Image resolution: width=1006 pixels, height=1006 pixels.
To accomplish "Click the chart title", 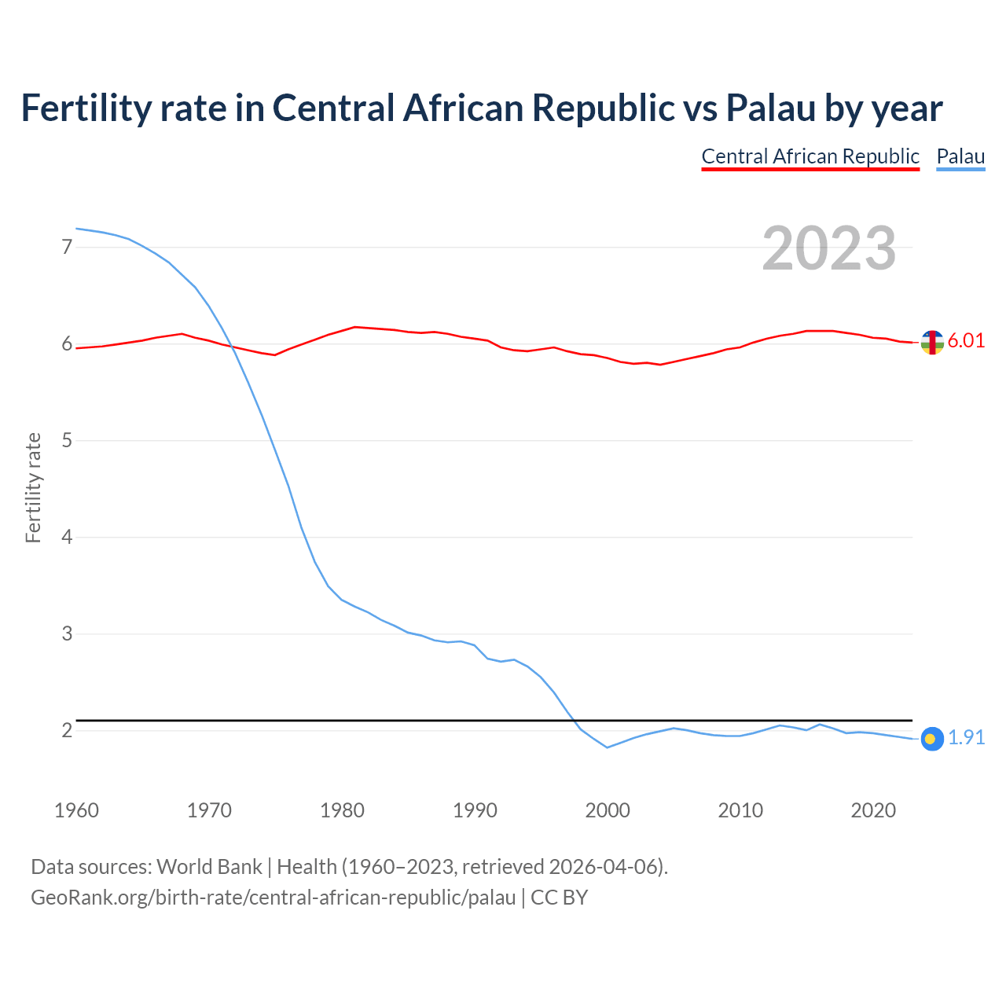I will click(481, 108).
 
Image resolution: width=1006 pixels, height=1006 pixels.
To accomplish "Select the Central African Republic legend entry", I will click(810, 156).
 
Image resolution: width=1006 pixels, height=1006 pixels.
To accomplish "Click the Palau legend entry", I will click(960, 156).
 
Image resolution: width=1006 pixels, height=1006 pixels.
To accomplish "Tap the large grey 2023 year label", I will click(829, 248).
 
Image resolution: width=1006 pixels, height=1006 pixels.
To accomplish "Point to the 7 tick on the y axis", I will click(67, 248).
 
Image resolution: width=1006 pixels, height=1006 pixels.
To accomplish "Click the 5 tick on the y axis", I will click(67, 441).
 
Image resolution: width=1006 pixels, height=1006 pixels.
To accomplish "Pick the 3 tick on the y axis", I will click(67, 633).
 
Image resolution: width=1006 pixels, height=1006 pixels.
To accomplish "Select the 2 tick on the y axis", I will click(67, 731).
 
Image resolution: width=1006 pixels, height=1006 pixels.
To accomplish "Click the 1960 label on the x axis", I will click(76, 810).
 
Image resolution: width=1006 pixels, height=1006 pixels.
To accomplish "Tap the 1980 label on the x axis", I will click(342, 810).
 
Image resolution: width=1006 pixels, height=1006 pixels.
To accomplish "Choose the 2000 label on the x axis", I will click(608, 810).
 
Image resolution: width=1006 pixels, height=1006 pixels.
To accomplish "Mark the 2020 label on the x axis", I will click(873, 810).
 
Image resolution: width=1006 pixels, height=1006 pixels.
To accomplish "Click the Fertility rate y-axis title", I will click(33, 487).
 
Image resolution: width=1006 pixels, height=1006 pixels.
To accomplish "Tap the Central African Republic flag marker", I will click(932, 343).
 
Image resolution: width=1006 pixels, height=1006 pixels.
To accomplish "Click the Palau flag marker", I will click(932, 739).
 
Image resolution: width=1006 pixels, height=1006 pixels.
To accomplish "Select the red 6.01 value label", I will click(966, 341).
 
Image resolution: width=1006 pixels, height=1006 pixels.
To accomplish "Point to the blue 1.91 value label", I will click(966, 738).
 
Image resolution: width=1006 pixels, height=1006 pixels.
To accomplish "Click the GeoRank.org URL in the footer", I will click(273, 898).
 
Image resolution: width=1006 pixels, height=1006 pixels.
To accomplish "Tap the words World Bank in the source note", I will click(209, 867).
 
